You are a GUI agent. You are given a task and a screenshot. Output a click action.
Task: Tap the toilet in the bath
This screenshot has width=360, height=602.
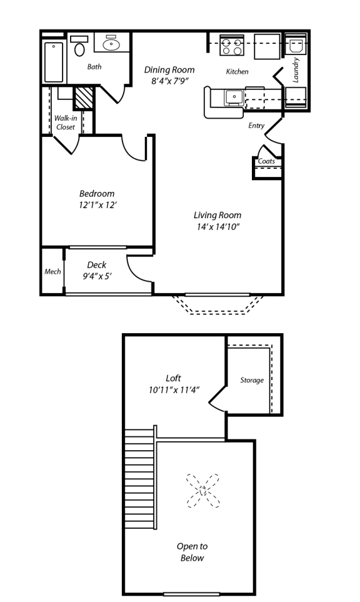[x=79, y=48]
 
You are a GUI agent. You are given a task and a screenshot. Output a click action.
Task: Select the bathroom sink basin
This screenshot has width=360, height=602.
[x=113, y=44]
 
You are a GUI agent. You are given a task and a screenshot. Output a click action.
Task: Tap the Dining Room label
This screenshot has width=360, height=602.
[x=169, y=69]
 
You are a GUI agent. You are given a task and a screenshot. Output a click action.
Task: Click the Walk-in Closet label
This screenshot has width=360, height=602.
[x=65, y=122]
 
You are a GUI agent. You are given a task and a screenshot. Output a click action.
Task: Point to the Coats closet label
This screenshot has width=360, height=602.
[x=266, y=161]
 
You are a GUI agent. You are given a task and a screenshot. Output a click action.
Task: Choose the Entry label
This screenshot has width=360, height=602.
[x=256, y=126]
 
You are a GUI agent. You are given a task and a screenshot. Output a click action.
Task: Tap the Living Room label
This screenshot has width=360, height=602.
[x=217, y=215]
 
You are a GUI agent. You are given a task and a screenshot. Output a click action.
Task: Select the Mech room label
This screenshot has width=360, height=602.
[x=52, y=272]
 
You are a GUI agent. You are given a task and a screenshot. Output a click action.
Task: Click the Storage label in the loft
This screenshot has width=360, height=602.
[x=252, y=380]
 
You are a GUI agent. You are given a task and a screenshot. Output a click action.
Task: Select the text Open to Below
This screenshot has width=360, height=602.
[x=192, y=552]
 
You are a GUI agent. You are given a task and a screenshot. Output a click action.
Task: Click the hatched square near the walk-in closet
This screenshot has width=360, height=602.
[x=82, y=98]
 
